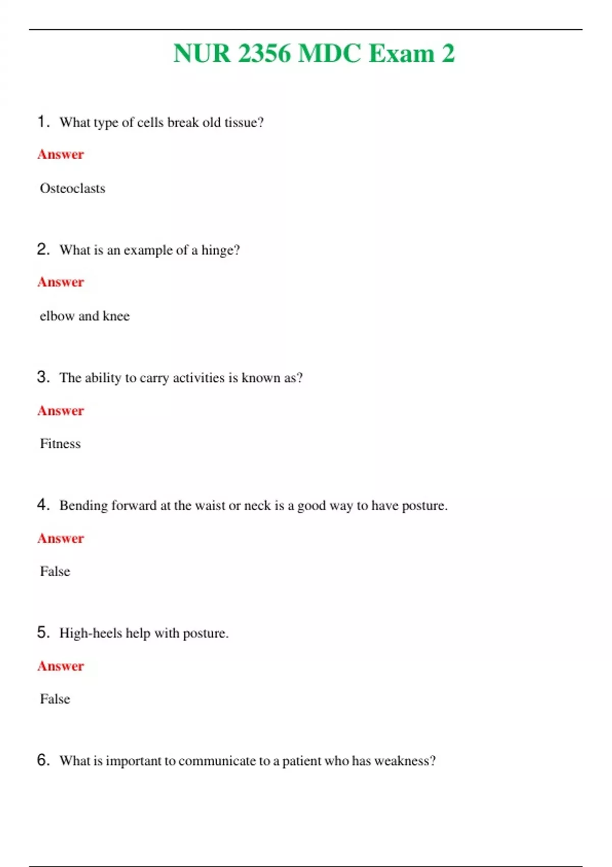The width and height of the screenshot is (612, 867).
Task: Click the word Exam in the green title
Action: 401,54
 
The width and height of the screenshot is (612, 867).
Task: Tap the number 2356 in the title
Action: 264,54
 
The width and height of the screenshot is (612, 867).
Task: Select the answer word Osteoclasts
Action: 72,188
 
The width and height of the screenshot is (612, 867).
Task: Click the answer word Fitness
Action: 60,444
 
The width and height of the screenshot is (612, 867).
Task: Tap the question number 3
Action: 43,377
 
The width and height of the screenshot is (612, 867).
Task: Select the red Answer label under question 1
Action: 60,154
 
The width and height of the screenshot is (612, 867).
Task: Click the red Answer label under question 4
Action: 60,538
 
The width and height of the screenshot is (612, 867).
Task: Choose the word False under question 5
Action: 55,699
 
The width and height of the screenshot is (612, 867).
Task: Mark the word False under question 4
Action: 55,571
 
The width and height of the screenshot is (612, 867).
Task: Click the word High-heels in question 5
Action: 90,633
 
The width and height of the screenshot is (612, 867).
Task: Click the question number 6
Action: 43,760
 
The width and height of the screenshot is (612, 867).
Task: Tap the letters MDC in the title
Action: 329,54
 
